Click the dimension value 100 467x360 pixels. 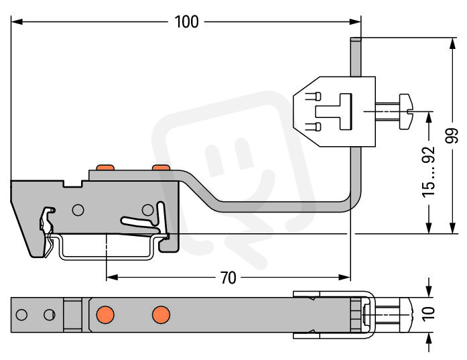click(x=186, y=21)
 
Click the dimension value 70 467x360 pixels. click(x=228, y=278)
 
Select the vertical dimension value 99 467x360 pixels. click(x=452, y=135)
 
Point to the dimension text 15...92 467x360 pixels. click(x=429, y=172)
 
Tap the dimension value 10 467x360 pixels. click(x=429, y=314)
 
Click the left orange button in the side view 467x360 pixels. click(x=105, y=168)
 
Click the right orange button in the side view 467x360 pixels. click(x=161, y=168)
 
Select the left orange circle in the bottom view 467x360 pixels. click(x=105, y=314)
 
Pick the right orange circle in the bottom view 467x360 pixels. click(x=161, y=314)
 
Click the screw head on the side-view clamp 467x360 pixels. click(x=405, y=112)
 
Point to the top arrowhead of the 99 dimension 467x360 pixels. click(x=452, y=44)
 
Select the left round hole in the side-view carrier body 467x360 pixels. click(x=78, y=210)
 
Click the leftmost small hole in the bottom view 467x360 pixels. click(x=21, y=314)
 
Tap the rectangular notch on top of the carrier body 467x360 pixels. click(x=72, y=183)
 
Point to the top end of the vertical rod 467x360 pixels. click(x=356, y=38)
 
